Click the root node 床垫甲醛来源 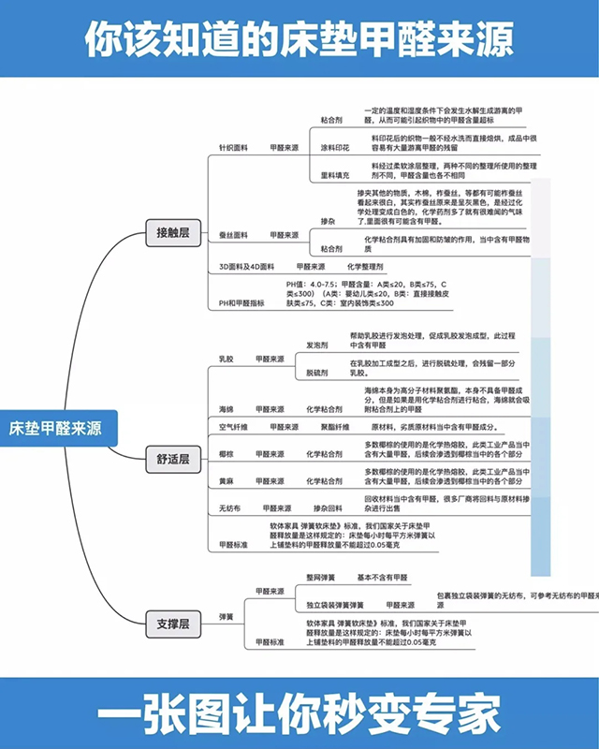click(56, 429)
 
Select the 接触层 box click(172, 232)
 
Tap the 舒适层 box click(172, 458)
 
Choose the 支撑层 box click(172, 623)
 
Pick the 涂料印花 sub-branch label click(334, 148)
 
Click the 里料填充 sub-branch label click(334, 175)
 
